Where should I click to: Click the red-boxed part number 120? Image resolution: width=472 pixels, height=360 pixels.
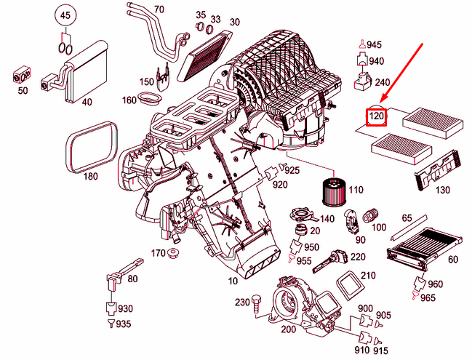click(x=376, y=116)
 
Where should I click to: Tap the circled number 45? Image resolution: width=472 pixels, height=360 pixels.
click(x=65, y=15)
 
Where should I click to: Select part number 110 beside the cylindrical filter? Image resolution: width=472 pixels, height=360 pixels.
click(x=355, y=190)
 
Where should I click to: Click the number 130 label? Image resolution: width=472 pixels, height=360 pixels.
click(x=442, y=191)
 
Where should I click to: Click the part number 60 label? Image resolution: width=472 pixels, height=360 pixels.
click(x=453, y=260)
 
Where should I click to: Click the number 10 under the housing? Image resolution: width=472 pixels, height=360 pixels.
click(x=233, y=281)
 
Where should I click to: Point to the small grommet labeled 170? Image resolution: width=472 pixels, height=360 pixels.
click(x=174, y=254)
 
